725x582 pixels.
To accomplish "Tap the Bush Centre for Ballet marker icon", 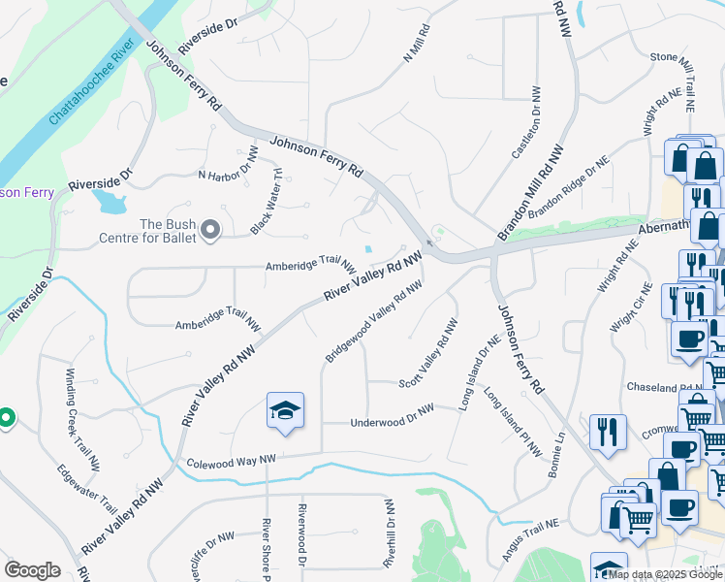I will coord(210,230).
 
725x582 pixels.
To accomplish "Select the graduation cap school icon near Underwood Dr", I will coord(285,412).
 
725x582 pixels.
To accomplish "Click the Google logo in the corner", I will coord(32,569).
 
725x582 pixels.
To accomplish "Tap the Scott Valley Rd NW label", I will coord(427,365).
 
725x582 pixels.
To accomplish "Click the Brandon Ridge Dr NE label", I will coord(568,192).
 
